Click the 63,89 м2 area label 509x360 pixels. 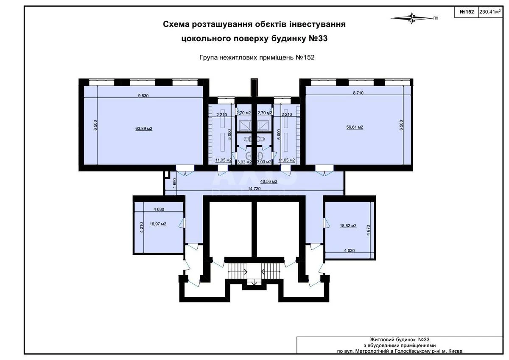[x=144, y=128]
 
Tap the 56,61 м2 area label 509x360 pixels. [x=354, y=127]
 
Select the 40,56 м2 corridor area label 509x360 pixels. [x=268, y=181]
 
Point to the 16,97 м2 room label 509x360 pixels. [x=158, y=224]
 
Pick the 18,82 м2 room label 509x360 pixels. [x=347, y=226]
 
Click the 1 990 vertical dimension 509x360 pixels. [x=174, y=183]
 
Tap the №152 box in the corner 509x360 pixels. [x=466, y=12]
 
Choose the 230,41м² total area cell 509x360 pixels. [x=489, y=12]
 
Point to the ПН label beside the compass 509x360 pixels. [x=436, y=18]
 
